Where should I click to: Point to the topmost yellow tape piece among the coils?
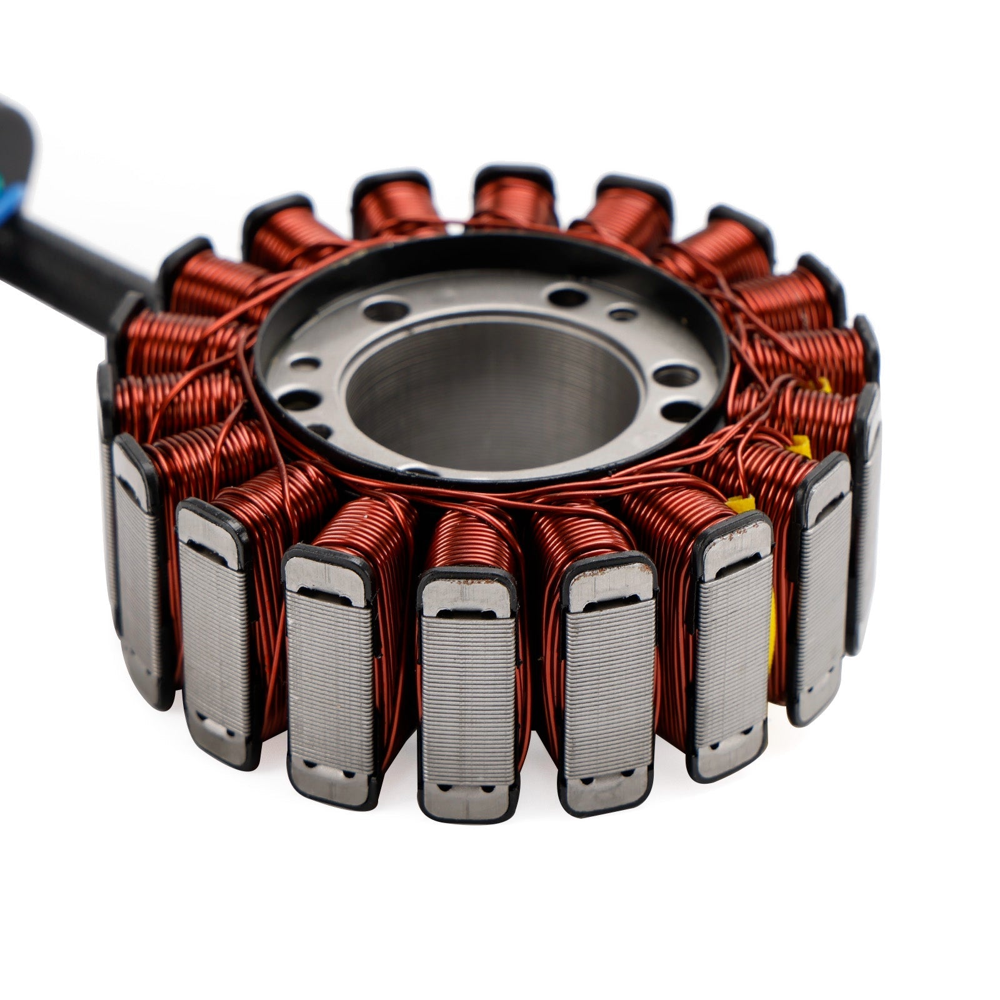pos(824,386)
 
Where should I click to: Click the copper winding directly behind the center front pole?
pos(475,531)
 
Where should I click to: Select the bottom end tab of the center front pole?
pos(467,800)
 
